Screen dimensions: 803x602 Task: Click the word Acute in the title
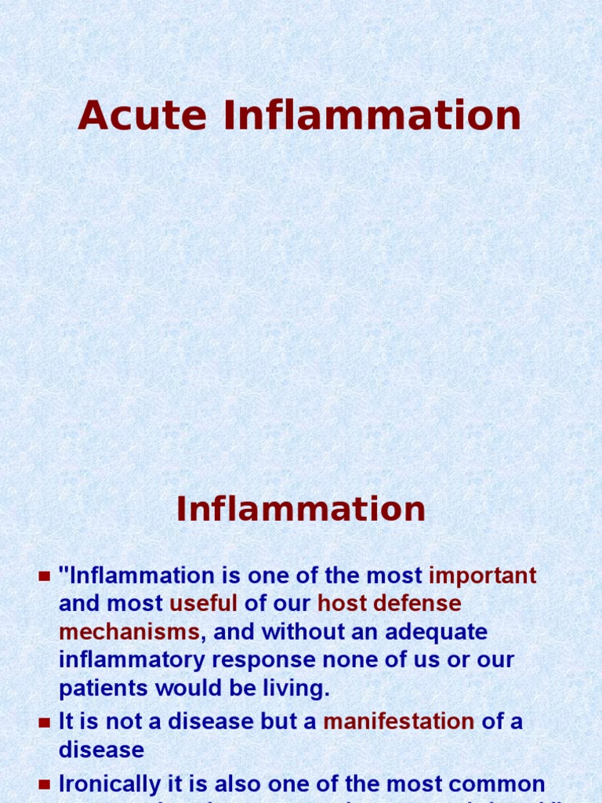(x=142, y=116)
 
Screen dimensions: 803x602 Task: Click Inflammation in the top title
(x=372, y=116)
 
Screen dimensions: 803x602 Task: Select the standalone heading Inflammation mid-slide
(x=301, y=510)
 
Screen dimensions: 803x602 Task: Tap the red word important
(x=483, y=576)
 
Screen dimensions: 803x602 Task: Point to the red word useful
(x=203, y=604)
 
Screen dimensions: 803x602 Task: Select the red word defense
(x=419, y=604)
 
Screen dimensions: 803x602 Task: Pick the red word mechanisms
(x=129, y=632)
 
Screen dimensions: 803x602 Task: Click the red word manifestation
(x=398, y=721)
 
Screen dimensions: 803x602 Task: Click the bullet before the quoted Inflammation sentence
(x=45, y=577)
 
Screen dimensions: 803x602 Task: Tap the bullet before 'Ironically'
(x=45, y=785)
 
